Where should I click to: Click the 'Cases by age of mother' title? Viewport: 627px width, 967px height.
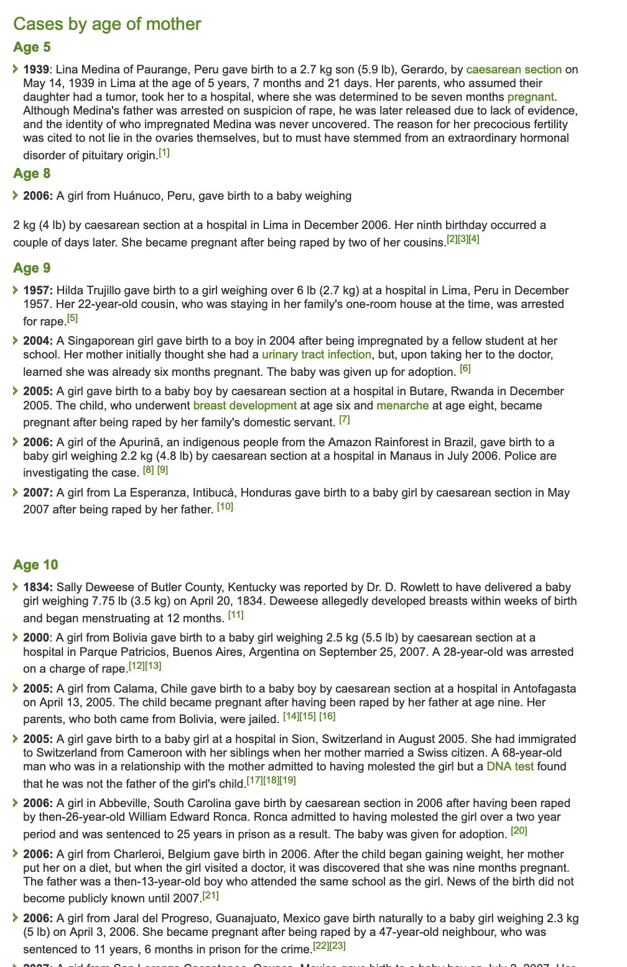tap(107, 24)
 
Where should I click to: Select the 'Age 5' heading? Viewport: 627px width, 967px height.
tap(32, 47)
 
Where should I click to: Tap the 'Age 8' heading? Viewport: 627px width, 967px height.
tap(32, 174)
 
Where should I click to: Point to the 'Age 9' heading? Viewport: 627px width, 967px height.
tap(32, 268)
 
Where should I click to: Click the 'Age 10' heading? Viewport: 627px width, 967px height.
tap(35, 565)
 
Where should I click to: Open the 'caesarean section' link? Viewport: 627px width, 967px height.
tap(514, 69)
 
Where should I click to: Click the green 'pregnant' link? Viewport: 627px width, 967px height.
tap(530, 96)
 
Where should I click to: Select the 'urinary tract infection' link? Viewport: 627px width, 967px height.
tap(317, 355)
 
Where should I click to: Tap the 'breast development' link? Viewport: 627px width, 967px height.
tap(244, 406)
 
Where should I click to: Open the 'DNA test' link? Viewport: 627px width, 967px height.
tap(510, 767)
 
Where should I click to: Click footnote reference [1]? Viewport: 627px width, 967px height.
tap(164, 152)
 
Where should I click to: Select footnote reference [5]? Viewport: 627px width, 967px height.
tap(72, 319)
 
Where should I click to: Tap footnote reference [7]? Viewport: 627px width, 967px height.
tap(344, 420)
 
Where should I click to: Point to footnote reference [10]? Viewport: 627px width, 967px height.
tap(225, 507)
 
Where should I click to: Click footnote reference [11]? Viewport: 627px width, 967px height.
tap(236, 615)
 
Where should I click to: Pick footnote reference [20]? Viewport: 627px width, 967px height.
tap(519, 831)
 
